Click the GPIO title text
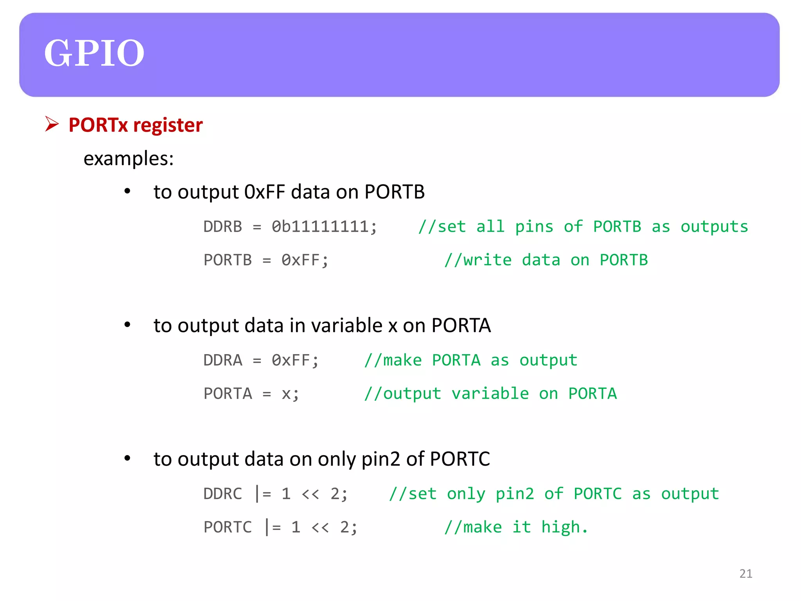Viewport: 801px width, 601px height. (94, 53)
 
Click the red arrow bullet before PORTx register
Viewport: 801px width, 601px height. (52, 124)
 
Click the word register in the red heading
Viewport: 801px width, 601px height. (168, 125)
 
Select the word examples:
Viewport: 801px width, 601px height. (128, 159)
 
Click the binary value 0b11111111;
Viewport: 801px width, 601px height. (324, 227)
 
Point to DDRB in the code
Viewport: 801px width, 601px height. (223, 227)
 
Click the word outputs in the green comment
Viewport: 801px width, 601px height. (714, 227)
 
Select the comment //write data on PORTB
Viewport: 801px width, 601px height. (546, 260)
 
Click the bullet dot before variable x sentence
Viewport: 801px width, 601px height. (127, 325)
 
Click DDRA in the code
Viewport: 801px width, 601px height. (223, 360)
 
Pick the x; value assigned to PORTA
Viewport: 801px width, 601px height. (290, 394)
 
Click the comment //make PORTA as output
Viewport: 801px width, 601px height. (471, 360)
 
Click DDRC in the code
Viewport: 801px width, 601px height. (223, 494)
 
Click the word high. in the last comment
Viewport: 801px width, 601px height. (564, 527)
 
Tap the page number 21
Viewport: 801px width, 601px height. (745, 574)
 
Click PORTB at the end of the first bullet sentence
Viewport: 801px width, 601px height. (394, 192)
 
